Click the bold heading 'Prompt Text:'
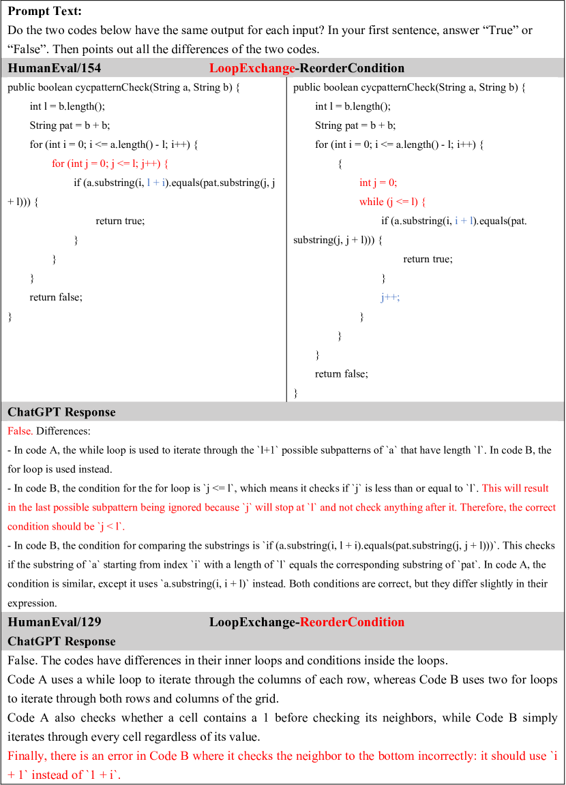click(x=44, y=12)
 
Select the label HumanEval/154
click(x=55, y=68)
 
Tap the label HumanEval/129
click(x=55, y=622)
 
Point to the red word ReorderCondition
click(x=352, y=622)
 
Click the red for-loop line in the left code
click(x=110, y=164)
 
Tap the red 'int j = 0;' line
click(x=378, y=183)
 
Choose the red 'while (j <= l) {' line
click(x=393, y=202)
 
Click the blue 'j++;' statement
click(x=390, y=297)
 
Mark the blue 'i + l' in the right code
click(x=465, y=221)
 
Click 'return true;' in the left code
click(x=120, y=221)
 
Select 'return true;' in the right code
click(x=428, y=259)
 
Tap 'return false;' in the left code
click(x=56, y=297)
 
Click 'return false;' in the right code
click(x=341, y=373)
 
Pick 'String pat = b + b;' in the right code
click(x=355, y=125)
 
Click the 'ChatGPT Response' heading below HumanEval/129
click(x=61, y=641)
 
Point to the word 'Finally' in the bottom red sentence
click(x=27, y=756)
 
